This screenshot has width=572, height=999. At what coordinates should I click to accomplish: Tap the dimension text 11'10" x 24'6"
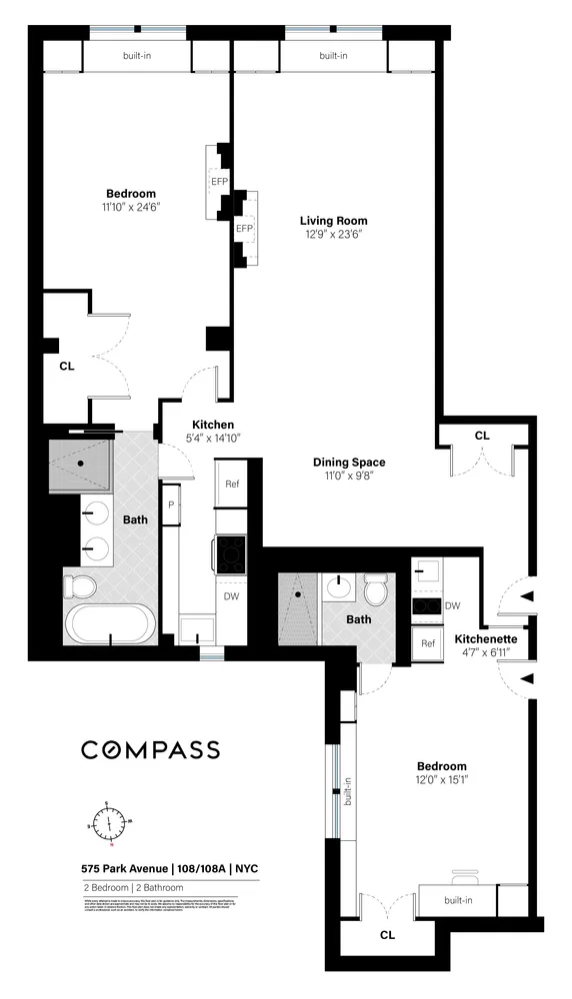click(x=131, y=207)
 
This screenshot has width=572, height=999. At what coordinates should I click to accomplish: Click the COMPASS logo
click(x=150, y=749)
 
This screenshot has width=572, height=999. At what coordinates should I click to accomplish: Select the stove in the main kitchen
click(x=232, y=550)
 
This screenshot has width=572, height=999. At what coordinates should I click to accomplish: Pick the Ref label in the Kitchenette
click(x=428, y=642)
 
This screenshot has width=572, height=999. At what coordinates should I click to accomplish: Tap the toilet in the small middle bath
click(x=376, y=591)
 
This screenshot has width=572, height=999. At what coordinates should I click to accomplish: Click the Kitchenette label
click(x=485, y=638)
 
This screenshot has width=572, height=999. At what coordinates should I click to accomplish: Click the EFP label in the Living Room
click(x=243, y=229)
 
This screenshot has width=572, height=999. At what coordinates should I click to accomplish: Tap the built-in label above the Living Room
click(x=333, y=56)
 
